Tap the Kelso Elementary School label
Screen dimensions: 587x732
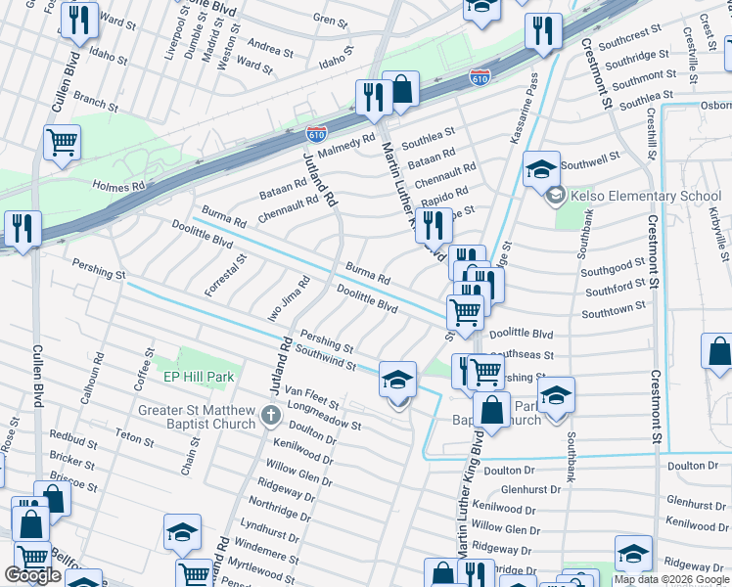coord(645,196)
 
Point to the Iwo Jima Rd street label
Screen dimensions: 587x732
coord(292,296)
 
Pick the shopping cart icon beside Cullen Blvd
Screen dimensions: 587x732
coord(62,143)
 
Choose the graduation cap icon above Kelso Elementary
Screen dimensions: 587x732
coord(540,169)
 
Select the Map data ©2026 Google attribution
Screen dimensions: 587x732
coord(671,579)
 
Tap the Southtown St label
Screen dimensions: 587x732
coord(613,310)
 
